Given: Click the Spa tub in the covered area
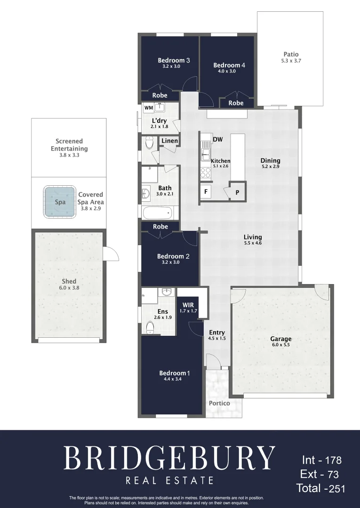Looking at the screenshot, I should point(60,202).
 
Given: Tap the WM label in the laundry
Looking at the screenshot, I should point(149,108).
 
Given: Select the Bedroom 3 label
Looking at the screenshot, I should point(174,60).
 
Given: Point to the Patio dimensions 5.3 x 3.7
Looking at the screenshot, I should point(291,61).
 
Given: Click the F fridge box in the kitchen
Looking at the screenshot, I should point(206,192).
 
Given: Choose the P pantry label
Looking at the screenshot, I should point(237,192).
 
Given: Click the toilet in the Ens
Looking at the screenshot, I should point(150,327).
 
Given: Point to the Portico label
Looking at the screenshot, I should point(219,403).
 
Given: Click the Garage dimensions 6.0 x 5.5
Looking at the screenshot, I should point(280,345).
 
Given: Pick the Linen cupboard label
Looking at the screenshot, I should point(170,141).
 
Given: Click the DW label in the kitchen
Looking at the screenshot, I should point(217,139).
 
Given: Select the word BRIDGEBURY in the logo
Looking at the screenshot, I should point(169,457).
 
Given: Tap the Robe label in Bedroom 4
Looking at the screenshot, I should point(236,103).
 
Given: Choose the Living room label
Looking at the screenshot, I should point(253,237).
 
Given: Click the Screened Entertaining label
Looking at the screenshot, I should point(69,145).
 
